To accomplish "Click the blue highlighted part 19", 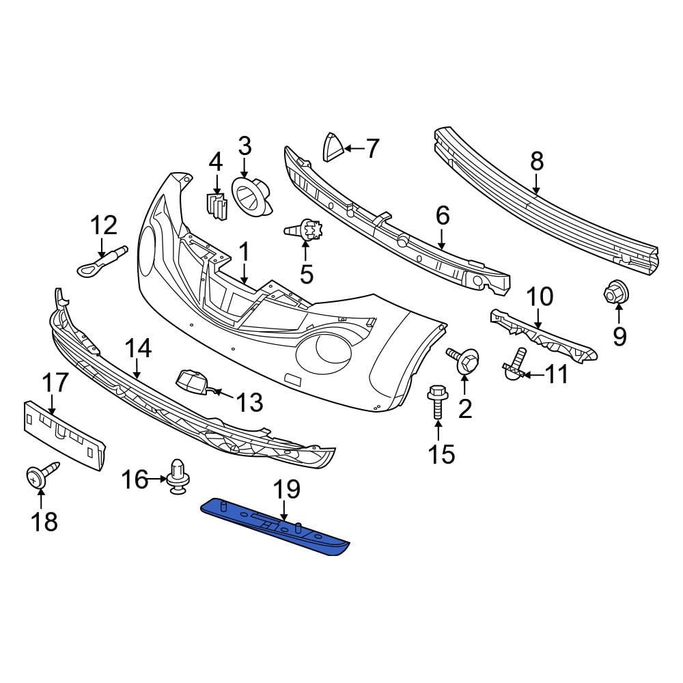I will (273, 526).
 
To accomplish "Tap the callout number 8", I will (536, 161).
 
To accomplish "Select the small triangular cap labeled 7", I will (333, 148).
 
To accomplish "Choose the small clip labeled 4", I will (216, 204).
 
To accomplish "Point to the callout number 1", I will (244, 252).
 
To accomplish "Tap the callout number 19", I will (287, 489).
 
